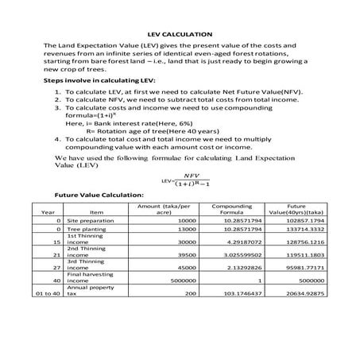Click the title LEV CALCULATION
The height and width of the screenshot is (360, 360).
(180, 34)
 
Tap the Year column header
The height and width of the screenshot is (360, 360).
(48, 212)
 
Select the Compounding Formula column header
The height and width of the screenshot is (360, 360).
(226, 208)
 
